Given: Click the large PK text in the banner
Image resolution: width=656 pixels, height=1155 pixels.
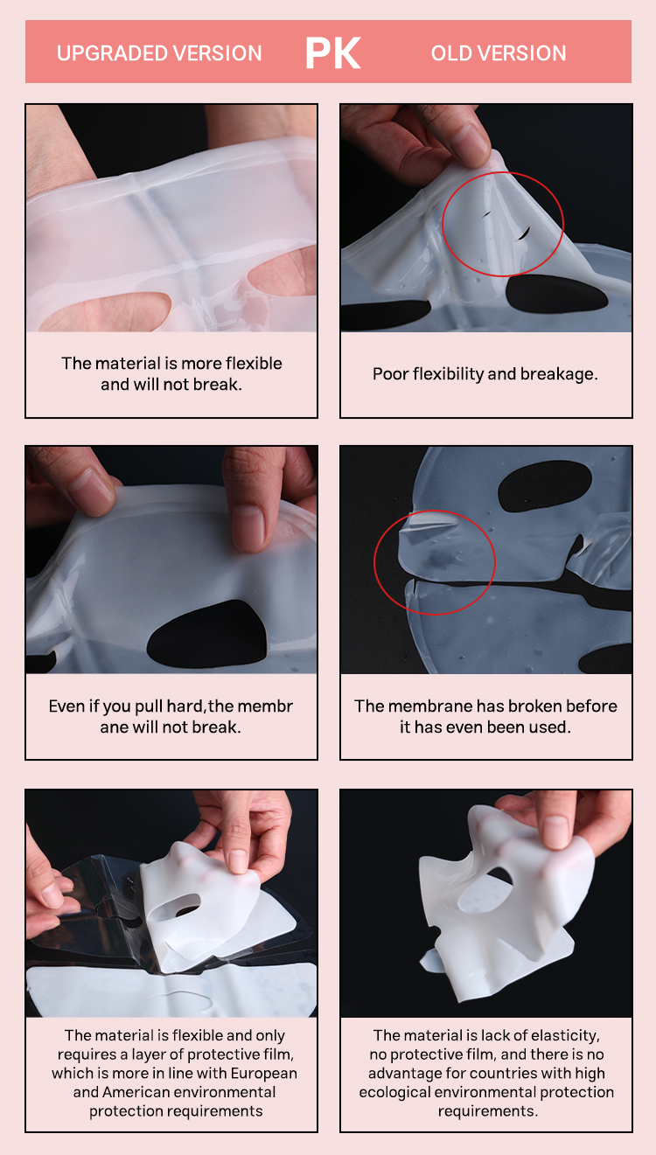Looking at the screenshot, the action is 332,52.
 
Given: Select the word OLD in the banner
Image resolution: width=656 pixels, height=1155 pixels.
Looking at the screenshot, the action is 451,53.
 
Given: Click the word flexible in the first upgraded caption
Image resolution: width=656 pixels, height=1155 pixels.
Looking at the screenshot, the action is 254,363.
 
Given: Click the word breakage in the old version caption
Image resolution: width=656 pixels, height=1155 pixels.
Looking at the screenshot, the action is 559,374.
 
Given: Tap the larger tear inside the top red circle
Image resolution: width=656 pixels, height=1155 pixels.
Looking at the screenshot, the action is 524,233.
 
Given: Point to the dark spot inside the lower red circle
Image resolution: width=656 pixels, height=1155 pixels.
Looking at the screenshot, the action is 442,559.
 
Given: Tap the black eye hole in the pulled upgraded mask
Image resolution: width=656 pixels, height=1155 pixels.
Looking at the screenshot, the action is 206,634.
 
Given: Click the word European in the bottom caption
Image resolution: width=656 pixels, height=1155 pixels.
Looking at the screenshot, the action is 263,1073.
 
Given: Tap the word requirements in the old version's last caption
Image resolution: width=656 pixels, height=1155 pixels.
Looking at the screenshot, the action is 488,1111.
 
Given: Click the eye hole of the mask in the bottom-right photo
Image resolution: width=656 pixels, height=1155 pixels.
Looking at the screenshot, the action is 485,893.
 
